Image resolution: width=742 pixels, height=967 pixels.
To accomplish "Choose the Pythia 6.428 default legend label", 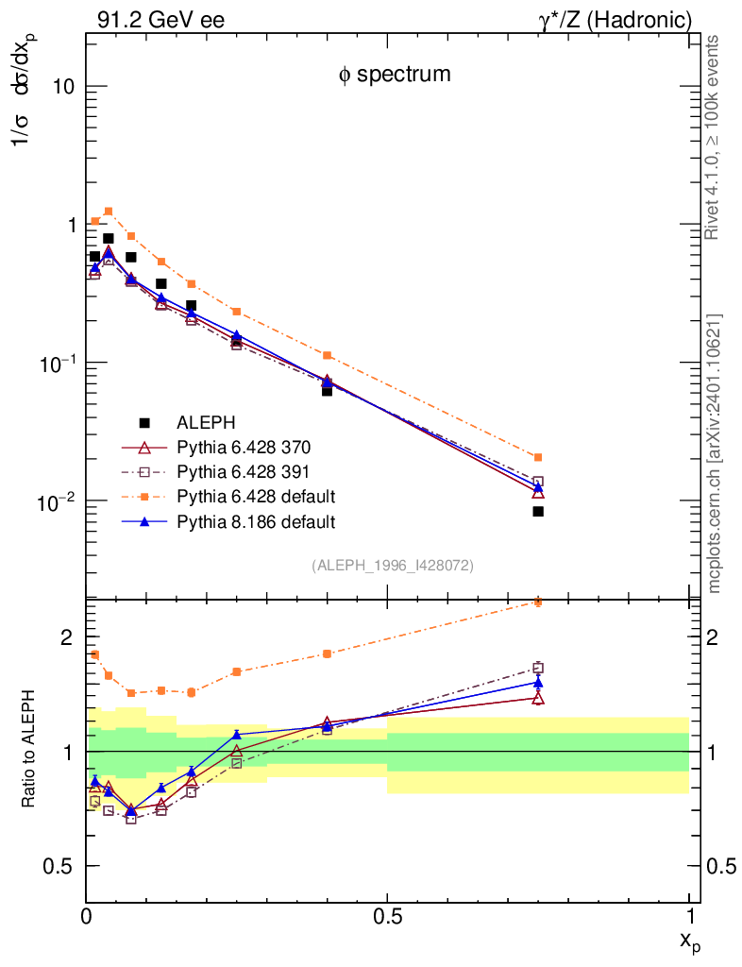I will tap(256, 496).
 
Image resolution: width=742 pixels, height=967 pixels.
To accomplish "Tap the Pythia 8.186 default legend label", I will tap(256, 520).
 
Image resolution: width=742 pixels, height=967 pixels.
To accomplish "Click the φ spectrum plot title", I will tap(395, 75).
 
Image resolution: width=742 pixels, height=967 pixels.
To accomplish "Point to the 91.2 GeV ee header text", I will tap(160, 20).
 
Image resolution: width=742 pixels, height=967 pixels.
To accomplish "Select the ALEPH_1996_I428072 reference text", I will tap(392, 565).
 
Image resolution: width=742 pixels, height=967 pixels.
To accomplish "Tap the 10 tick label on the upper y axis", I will tap(64, 87).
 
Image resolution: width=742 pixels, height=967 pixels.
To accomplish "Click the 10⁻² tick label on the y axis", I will tap(59, 500).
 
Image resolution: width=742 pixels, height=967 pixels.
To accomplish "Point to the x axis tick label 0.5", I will tap(387, 916).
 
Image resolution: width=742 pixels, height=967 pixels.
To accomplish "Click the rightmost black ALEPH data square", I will tap(538, 512).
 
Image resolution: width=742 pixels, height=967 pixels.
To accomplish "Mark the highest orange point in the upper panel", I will tap(109, 212).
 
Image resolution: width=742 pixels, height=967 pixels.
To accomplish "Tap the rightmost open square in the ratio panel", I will tap(538, 668).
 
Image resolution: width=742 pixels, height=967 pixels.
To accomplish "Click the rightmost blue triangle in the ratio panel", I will tap(538, 682).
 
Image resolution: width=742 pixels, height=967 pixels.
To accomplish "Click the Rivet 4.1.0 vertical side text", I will tap(713, 137).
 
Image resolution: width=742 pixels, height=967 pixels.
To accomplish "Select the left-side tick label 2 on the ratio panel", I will tap(67, 637).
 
